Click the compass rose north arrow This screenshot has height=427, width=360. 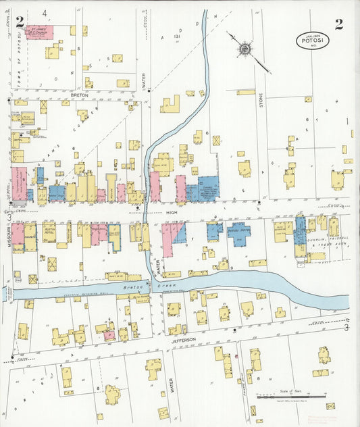click(244, 48)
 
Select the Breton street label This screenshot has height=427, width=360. click(80, 96)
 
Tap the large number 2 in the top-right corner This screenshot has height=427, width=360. click(338, 24)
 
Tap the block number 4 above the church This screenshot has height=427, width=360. click(45, 13)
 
